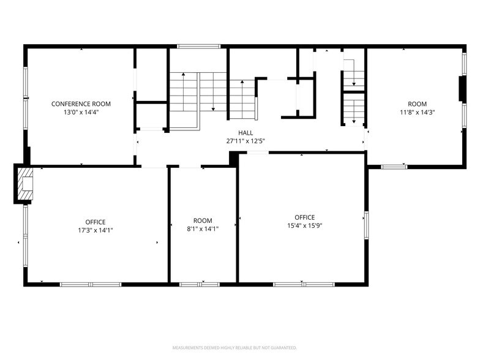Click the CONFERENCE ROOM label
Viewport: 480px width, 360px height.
click(x=81, y=104)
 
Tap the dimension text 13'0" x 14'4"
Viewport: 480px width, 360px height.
click(x=81, y=113)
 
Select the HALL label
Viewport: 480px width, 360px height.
click(x=246, y=132)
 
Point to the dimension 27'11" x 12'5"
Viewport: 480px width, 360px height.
click(x=246, y=141)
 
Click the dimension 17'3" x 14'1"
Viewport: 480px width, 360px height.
click(x=96, y=230)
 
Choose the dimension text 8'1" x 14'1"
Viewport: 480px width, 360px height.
click(x=203, y=229)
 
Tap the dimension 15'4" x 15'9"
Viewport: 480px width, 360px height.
click(x=304, y=225)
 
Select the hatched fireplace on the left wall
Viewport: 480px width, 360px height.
click(x=24, y=184)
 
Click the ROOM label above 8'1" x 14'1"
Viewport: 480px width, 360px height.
click(x=203, y=220)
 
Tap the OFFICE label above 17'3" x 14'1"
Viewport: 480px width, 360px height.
click(x=96, y=222)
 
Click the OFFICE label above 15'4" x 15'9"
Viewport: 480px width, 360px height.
click(x=304, y=217)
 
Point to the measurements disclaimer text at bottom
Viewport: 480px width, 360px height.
click(x=239, y=347)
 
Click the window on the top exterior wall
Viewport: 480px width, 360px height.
click(x=198, y=46)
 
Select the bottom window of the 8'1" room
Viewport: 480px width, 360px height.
click(x=200, y=284)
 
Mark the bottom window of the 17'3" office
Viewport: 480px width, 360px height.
click(x=90, y=284)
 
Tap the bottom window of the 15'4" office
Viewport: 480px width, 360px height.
click(x=304, y=284)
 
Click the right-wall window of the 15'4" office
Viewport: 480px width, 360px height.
click(x=366, y=224)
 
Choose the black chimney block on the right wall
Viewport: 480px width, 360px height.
click(x=462, y=88)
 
